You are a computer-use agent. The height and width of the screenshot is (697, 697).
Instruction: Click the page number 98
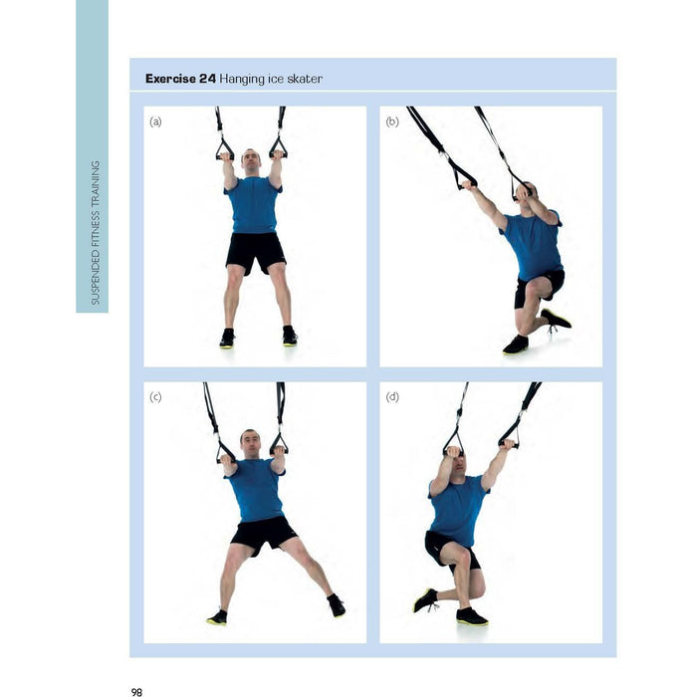click(x=136, y=692)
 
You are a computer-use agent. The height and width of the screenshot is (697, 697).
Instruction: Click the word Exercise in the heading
click(x=170, y=79)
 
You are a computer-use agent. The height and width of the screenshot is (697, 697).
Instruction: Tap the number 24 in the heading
click(x=207, y=79)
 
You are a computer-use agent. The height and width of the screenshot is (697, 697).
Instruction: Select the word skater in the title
click(x=305, y=79)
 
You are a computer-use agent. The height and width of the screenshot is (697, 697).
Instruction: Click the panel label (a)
click(x=155, y=121)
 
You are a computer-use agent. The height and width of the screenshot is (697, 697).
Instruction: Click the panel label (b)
click(x=392, y=121)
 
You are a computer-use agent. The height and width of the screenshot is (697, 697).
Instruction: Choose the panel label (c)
click(x=155, y=396)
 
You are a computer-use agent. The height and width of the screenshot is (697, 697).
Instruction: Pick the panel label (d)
click(x=392, y=396)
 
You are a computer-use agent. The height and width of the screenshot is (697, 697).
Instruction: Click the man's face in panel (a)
click(x=251, y=163)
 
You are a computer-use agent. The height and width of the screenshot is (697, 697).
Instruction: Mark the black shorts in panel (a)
click(x=256, y=253)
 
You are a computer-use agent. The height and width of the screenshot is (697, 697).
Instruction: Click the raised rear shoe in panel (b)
click(x=556, y=319)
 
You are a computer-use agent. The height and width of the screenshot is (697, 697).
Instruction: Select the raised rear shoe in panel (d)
click(x=425, y=600)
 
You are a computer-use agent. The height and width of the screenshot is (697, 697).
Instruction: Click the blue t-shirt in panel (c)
click(x=257, y=490)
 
